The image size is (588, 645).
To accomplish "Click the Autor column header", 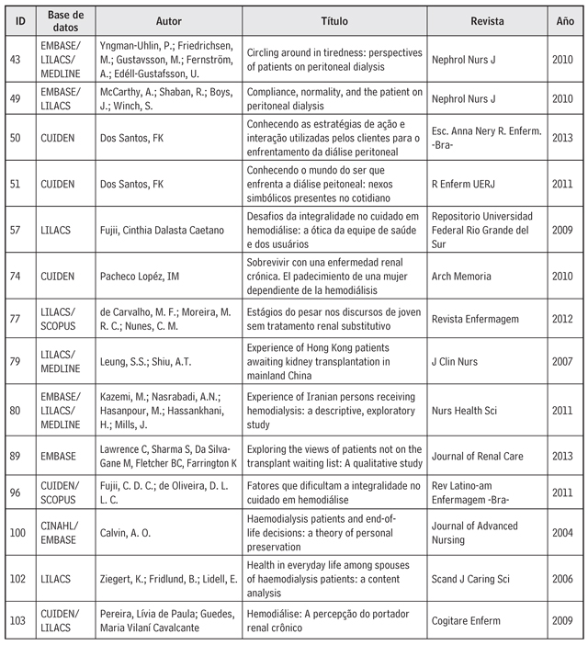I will (168, 19).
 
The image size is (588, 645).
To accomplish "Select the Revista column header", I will (487, 19).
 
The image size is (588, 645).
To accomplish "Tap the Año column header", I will (566, 19).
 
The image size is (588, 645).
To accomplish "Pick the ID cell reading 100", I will (18, 532).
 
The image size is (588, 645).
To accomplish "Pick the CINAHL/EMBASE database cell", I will (64, 532).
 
